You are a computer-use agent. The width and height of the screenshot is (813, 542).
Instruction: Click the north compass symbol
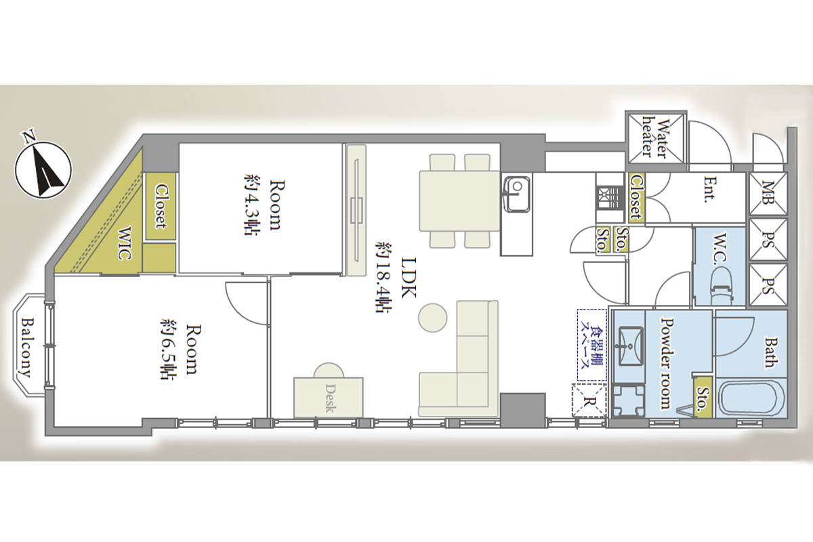43,169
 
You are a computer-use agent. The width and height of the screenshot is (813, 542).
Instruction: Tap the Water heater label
654,137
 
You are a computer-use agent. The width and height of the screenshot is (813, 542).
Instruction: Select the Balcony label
28,348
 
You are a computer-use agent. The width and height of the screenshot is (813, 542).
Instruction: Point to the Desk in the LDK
329,397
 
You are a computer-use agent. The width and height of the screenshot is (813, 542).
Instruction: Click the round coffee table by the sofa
432,317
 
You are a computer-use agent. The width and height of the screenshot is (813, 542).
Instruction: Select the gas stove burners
609,199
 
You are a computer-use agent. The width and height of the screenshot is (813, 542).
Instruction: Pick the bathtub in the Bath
751,398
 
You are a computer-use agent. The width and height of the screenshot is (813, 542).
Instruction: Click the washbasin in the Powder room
630,346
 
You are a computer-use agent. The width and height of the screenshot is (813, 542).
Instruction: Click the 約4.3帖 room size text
251,205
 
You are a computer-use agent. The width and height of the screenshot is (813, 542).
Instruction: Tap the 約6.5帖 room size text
169,349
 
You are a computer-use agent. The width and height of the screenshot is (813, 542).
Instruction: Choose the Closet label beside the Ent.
636,197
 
